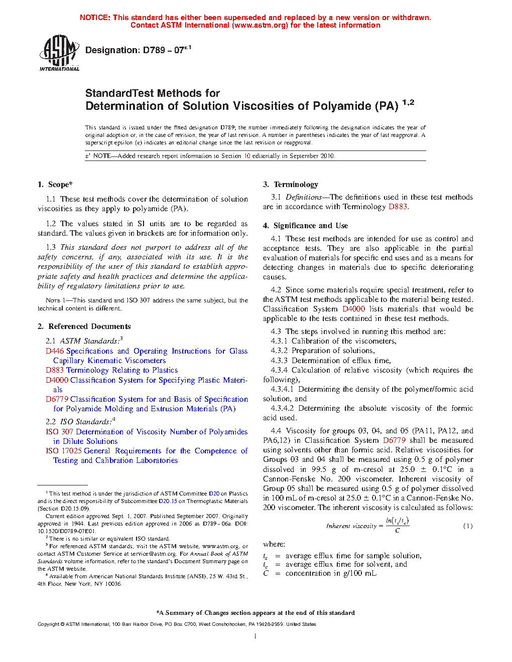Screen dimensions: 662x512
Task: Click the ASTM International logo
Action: (x=59, y=53)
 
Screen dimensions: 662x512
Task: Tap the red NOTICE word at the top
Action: (x=95, y=18)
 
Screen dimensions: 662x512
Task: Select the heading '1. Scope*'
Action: (x=55, y=185)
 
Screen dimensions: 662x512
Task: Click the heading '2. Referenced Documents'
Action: (x=84, y=326)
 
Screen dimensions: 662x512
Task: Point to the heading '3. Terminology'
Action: (x=291, y=185)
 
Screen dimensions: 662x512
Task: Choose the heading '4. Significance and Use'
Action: (x=306, y=226)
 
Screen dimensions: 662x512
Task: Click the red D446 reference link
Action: (x=55, y=351)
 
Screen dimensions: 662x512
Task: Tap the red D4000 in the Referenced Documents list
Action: (x=57, y=380)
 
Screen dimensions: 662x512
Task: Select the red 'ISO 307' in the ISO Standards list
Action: (x=59, y=432)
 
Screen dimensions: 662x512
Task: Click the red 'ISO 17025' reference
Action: (x=63, y=451)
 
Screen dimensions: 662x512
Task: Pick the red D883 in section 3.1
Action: (x=398, y=207)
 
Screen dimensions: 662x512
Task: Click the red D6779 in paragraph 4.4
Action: (x=394, y=440)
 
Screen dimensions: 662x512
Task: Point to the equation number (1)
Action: (x=468, y=526)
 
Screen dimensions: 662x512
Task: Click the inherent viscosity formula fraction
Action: (x=397, y=526)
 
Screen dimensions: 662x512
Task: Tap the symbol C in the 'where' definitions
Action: (x=266, y=573)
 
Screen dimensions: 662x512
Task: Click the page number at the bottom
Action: (x=255, y=636)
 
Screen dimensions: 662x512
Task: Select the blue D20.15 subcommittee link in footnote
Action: (x=168, y=501)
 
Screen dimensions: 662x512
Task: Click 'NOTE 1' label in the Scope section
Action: (x=53, y=300)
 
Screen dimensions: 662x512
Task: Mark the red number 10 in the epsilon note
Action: (x=247, y=156)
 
